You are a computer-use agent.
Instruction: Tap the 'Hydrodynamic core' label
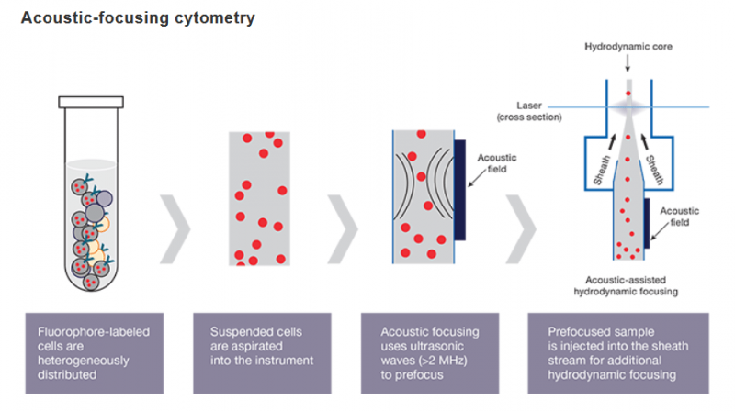click(x=628, y=45)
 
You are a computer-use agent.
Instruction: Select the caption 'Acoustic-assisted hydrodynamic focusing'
click(x=630, y=286)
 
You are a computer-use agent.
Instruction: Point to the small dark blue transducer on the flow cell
click(x=648, y=221)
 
